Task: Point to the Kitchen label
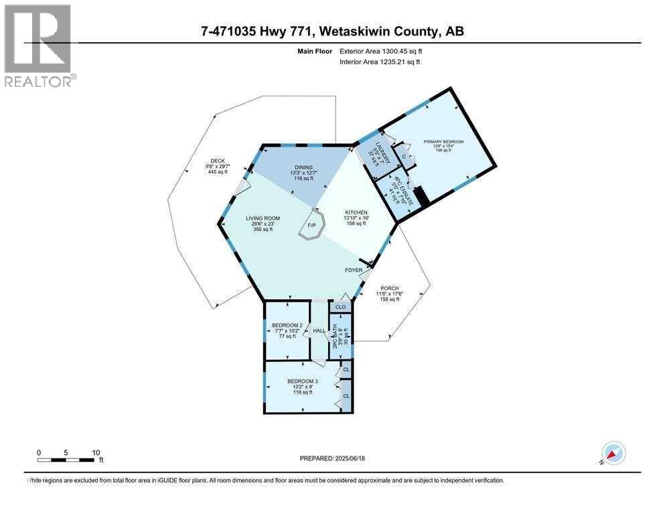point(356,212)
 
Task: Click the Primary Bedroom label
point(443,142)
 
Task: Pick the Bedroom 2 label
point(287,325)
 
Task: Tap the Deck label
point(217,161)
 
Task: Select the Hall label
point(319,331)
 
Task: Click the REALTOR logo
point(38,46)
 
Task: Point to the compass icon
point(613,453)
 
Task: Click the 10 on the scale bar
point(95,452)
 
